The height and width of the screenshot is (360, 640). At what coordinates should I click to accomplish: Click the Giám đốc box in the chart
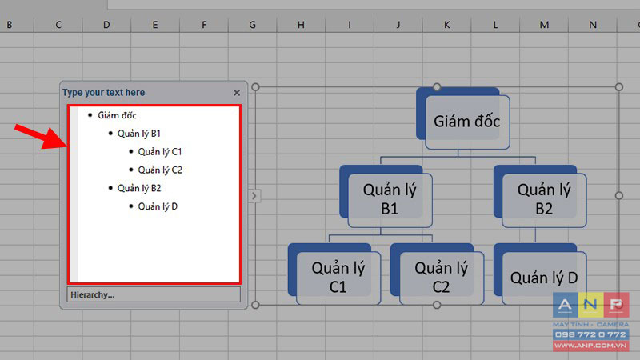467,122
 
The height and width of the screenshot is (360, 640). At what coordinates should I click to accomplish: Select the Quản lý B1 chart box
390,200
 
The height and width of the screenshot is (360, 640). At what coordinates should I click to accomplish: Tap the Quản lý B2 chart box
544,200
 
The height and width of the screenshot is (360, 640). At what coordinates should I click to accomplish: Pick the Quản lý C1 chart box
338,278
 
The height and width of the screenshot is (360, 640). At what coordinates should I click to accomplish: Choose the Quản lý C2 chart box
442,278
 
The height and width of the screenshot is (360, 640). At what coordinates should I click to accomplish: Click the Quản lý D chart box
544,278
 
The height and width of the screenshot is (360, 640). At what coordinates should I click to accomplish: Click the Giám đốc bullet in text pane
117,115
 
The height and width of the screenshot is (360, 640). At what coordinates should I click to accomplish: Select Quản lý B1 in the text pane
139,134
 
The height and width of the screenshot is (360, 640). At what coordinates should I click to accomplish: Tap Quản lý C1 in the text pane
159,152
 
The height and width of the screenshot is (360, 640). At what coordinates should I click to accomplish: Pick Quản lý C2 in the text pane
160,170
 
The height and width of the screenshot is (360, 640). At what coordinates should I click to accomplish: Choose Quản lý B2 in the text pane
139,189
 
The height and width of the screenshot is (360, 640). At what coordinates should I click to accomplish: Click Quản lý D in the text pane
158,206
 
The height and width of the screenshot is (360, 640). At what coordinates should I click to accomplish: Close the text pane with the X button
237,93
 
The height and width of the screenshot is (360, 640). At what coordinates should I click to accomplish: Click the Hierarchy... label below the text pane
92,294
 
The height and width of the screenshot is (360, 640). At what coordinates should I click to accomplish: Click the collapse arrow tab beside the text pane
254,196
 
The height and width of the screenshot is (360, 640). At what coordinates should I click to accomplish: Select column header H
301,25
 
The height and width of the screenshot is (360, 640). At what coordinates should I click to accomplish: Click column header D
106,25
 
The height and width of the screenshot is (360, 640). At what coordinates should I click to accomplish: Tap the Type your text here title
104,93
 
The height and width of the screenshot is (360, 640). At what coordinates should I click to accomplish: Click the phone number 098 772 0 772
590,334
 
